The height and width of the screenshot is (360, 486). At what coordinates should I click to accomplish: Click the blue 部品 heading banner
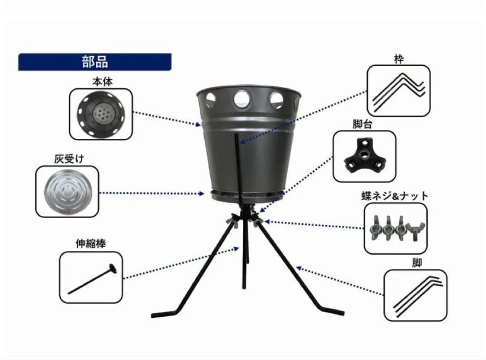(x=94, y=62)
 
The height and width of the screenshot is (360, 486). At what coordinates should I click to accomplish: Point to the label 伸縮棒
(x=90, y=244)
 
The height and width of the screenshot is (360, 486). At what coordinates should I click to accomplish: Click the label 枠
(x=399, y=59)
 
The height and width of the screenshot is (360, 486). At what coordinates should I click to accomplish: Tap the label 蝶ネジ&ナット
(x=395, y=196)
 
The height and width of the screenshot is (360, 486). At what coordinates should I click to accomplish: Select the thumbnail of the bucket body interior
(x=101, y=114)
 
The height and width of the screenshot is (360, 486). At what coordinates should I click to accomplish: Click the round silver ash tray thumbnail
(x=67, y=189)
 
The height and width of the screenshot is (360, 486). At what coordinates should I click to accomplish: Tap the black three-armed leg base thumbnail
(x=364, y=156)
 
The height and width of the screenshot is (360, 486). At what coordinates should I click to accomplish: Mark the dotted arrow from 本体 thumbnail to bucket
(x=166, y=118)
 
